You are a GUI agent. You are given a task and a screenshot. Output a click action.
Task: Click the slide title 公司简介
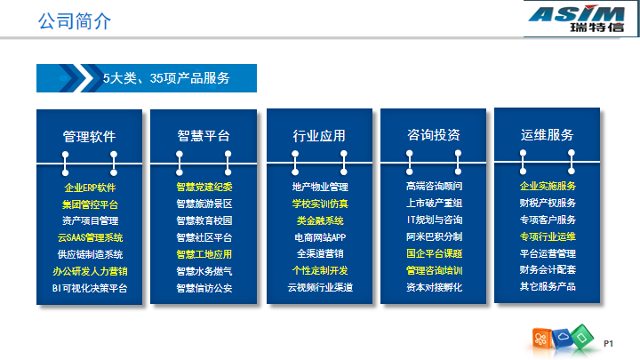[x=75, y=20]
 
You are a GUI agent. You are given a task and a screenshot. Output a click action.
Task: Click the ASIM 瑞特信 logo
[x=577, y=19]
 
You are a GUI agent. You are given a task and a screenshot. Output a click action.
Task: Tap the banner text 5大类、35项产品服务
[x=166, y=78]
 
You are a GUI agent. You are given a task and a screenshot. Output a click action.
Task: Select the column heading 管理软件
[x=90, y=136]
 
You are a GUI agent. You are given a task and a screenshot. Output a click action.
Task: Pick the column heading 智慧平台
[x=204, y=135]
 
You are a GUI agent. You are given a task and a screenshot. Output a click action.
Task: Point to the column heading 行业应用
[x=319, y=135]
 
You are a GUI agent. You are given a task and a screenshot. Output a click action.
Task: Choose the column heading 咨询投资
[x=434, y=135]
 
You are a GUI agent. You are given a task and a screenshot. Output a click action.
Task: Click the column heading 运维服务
[x=548, y=135]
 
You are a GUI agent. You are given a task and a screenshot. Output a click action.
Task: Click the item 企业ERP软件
[x=90, y=188]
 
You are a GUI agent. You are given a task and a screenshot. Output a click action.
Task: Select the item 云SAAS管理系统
[x=90, y=237]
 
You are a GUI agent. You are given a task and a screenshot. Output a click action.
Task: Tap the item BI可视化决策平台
[x=90, y=288]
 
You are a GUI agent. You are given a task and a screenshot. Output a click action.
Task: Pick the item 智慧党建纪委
[x=204, y=187]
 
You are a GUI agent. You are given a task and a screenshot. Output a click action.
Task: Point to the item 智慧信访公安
[x=204, y=288]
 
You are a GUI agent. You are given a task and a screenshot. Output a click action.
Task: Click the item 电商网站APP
[x=320, y=237]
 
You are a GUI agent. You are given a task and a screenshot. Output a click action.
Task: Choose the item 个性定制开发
[x=320, y=270]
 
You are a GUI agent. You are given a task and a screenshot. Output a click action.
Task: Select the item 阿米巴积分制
[x=435, y=236]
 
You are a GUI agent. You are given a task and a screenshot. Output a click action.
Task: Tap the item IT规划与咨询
[x=435, y=220]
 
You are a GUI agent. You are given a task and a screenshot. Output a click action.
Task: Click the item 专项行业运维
[x=548, y=236]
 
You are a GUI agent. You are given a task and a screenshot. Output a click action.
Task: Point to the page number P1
[x=608, y=344]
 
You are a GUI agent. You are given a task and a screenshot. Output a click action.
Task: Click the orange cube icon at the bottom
[x=541, y=339]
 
